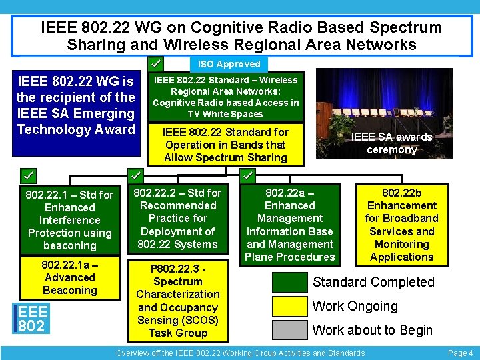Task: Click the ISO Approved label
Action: tap(229, 64)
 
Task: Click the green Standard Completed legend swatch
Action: tap(290, 281)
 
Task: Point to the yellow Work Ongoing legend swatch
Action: tap(290, 306)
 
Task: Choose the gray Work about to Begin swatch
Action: tap(290, 330)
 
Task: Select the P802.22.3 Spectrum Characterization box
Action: tap(178, 301)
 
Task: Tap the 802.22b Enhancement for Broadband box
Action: tap(401, 225)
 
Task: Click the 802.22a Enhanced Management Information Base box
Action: tap(289, 225)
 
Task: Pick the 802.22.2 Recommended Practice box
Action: tap(178, 219)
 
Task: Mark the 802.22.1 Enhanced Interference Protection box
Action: tap(69, 220)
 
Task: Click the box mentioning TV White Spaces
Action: tap(226, 97)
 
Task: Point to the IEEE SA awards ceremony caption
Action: tap(391, 143)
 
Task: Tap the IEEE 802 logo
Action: tap(32, 319)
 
